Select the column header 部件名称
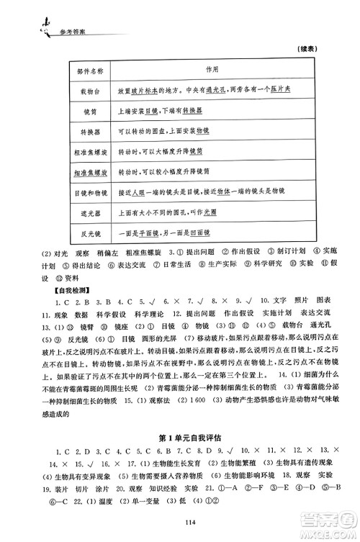click(90, 71)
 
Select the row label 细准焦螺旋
click(90, 173)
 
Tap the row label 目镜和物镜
click(90, 194)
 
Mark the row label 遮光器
click(90, 214)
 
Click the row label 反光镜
click(90, 234)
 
